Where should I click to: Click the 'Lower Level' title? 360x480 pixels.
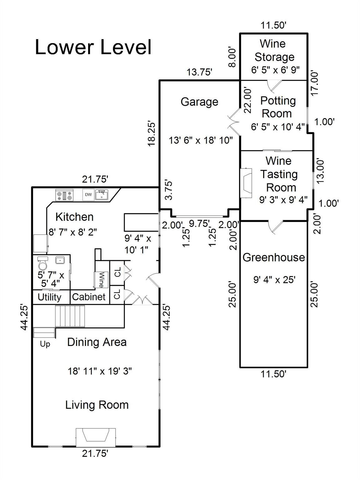[x=93, y=47]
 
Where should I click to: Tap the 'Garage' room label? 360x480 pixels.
[x=199, y=102]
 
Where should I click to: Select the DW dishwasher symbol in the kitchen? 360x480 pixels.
[x=88, y=194]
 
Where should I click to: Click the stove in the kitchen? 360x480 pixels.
[x=64, y=195]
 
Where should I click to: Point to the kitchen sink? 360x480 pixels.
[x=102, y=195]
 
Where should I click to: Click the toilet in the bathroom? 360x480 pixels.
[x=42, y=263]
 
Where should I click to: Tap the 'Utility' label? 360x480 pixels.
[x=49, y=297]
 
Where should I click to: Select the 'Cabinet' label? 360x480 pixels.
[x=89, y=297]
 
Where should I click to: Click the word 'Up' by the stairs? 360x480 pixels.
[x=45, y=344]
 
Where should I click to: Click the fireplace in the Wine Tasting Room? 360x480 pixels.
[x=246, y=183]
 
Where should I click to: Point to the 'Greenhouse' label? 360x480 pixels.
[x=274, y=257]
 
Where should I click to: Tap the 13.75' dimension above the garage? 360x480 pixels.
[x=200, y=72]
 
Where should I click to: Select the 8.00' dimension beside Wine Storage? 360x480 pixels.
[x=233, y=57]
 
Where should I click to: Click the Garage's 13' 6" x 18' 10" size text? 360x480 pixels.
[x=201, y=140]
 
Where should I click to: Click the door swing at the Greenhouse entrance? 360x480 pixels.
[x=276, y=227]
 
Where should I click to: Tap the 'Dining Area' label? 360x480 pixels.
[x=97, y=342]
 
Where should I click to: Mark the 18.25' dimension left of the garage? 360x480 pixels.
[x=152, y=134]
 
